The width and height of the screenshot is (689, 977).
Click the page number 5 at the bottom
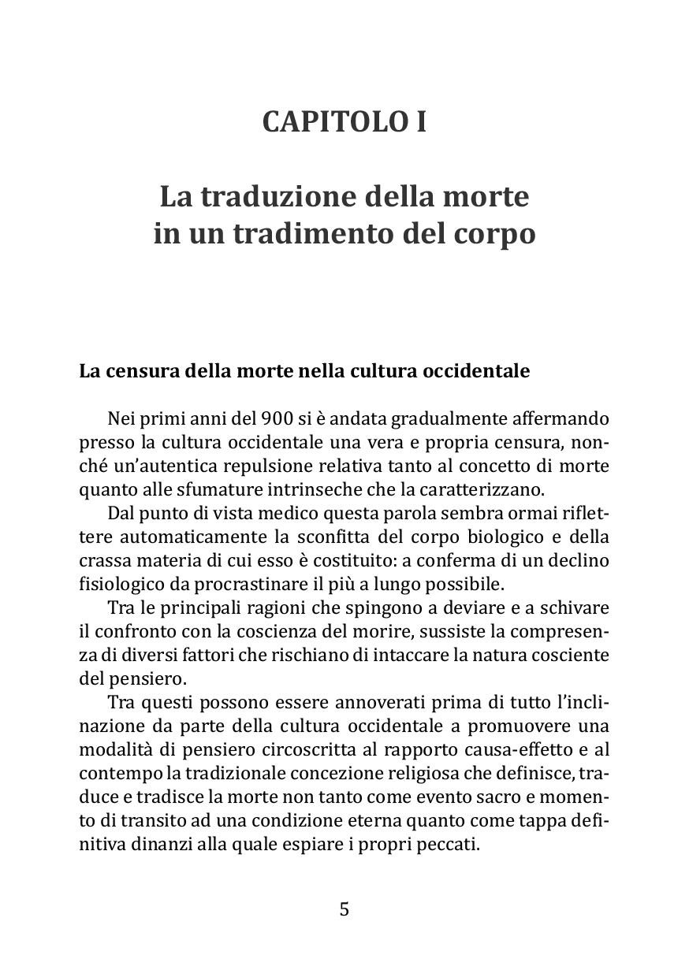pyautogui.click(x=344, y=909)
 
